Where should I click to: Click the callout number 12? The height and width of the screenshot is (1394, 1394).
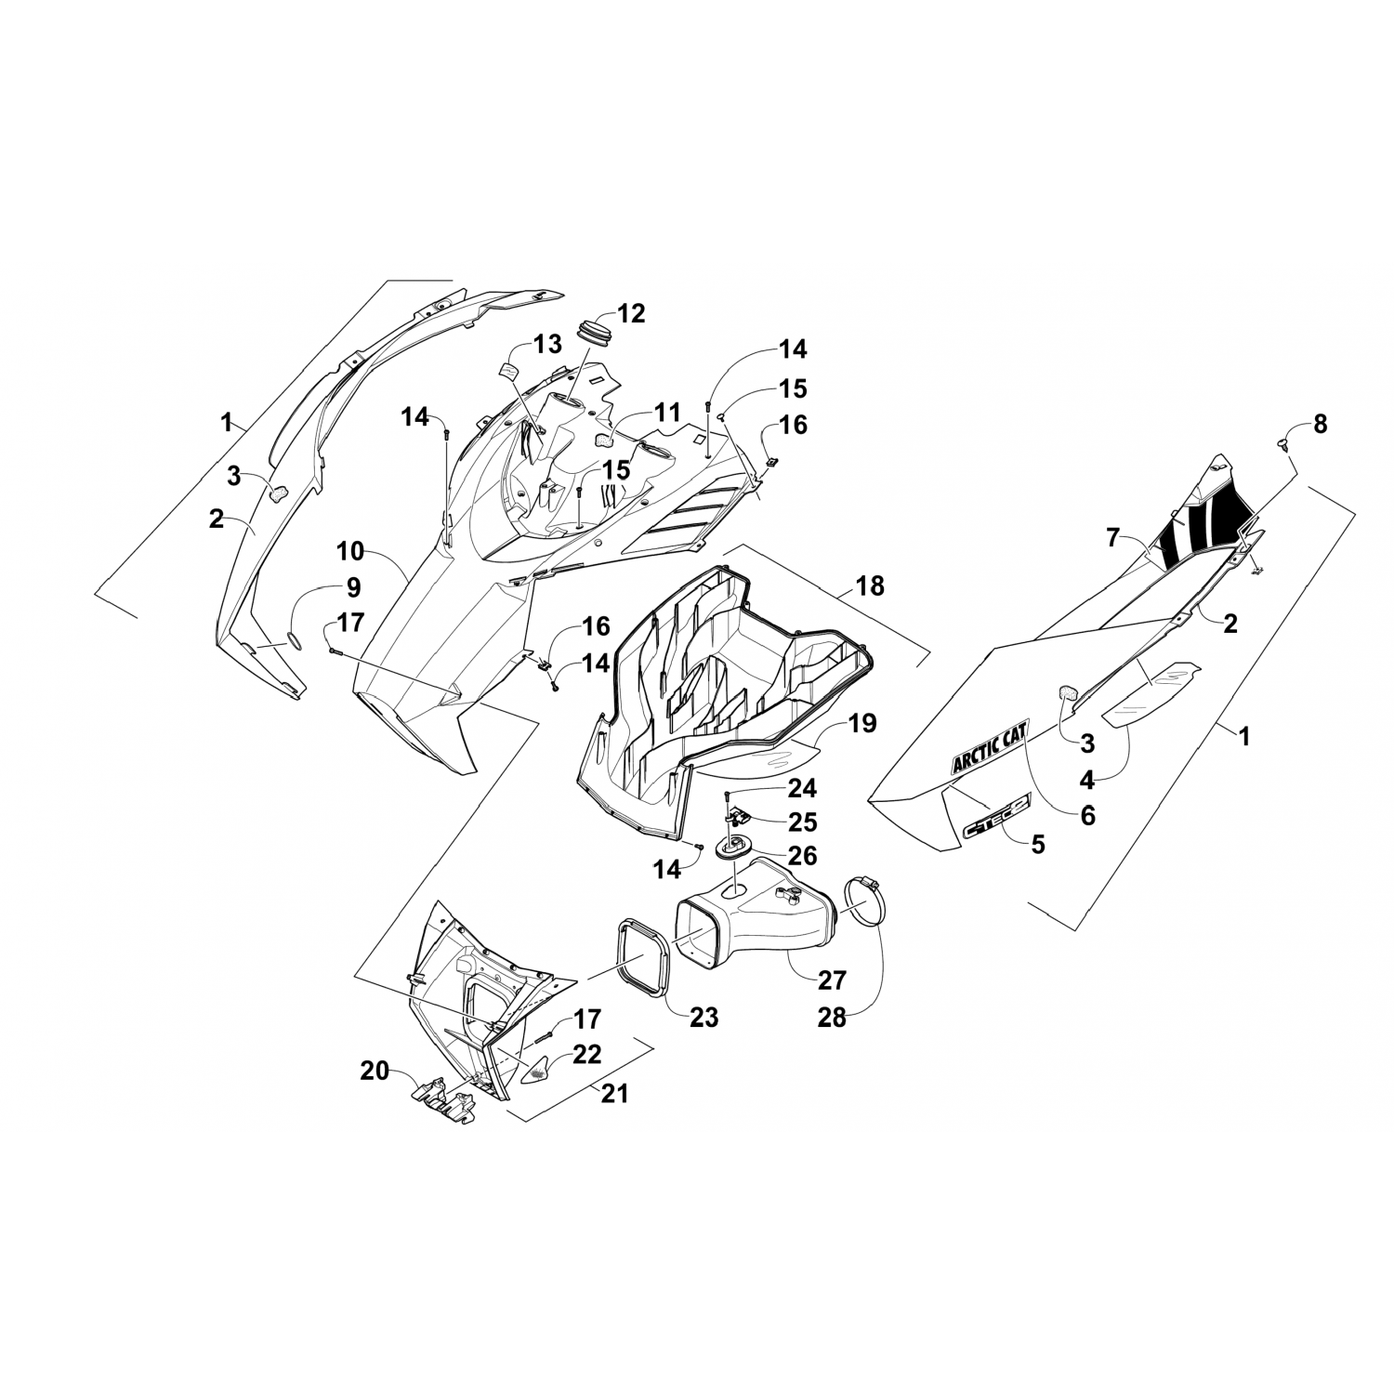pos(631,313)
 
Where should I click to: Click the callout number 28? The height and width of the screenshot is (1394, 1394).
pos(832,1018)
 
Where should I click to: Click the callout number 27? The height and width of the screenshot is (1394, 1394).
pos(833,980)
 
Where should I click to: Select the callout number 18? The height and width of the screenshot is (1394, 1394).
pos(871,586)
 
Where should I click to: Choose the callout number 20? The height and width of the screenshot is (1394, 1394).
pos(375,1072)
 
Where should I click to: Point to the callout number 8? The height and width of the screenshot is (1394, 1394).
pos(1320,425)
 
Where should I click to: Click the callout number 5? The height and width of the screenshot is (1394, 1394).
pos(1037,844)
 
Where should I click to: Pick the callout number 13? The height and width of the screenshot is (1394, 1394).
pos(547,345)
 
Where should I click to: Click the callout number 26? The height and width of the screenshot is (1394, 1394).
pos(802,854)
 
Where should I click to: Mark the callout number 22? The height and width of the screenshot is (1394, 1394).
pos(587,1055)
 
